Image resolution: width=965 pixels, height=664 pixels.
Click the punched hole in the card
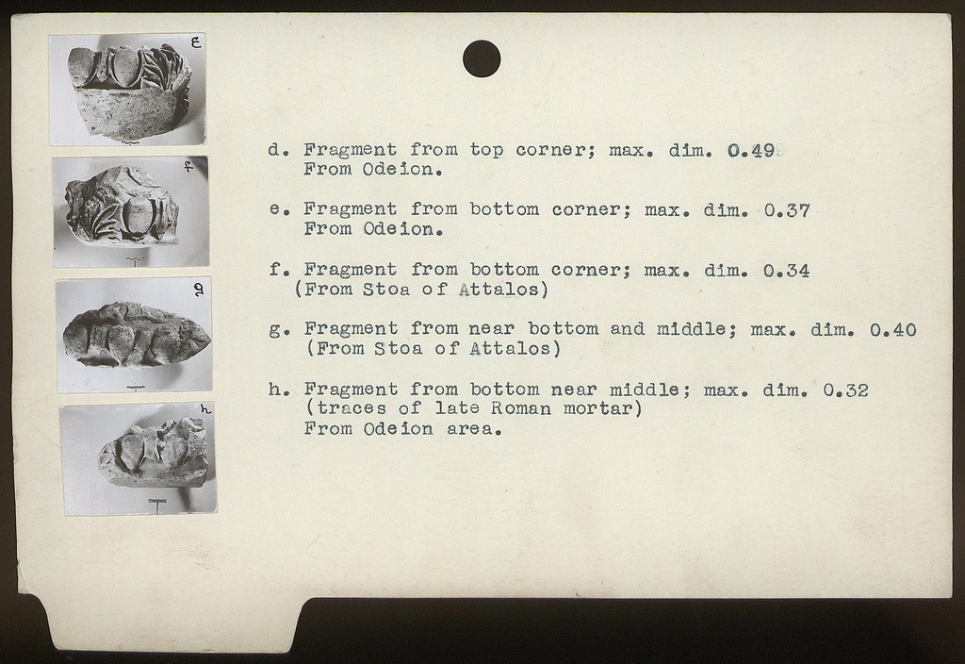(x=482, y=58)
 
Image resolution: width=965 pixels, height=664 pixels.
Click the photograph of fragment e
(x=127, y=90)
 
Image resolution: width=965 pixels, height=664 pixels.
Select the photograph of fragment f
(x=130, y=211)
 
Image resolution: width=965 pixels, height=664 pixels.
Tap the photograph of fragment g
(x=134, y=334)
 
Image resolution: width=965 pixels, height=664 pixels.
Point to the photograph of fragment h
(x=138, y=459)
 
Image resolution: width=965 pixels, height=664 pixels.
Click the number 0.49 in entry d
(x=751, y=150)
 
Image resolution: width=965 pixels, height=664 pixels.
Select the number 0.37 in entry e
(x=787, y=210)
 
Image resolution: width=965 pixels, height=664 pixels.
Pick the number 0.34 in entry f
(x=786, y=271)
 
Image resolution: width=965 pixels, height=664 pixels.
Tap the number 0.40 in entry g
(x=893, y=329)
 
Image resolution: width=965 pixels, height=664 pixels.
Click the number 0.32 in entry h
(x=845, y=390)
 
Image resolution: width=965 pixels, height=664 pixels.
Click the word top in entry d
(x=487, y=150)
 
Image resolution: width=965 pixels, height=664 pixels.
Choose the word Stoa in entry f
(x=385, y=289)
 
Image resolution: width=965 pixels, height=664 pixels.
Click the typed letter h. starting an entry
(x=279, y=390)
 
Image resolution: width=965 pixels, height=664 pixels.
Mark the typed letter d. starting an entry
(x=278, y=150)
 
